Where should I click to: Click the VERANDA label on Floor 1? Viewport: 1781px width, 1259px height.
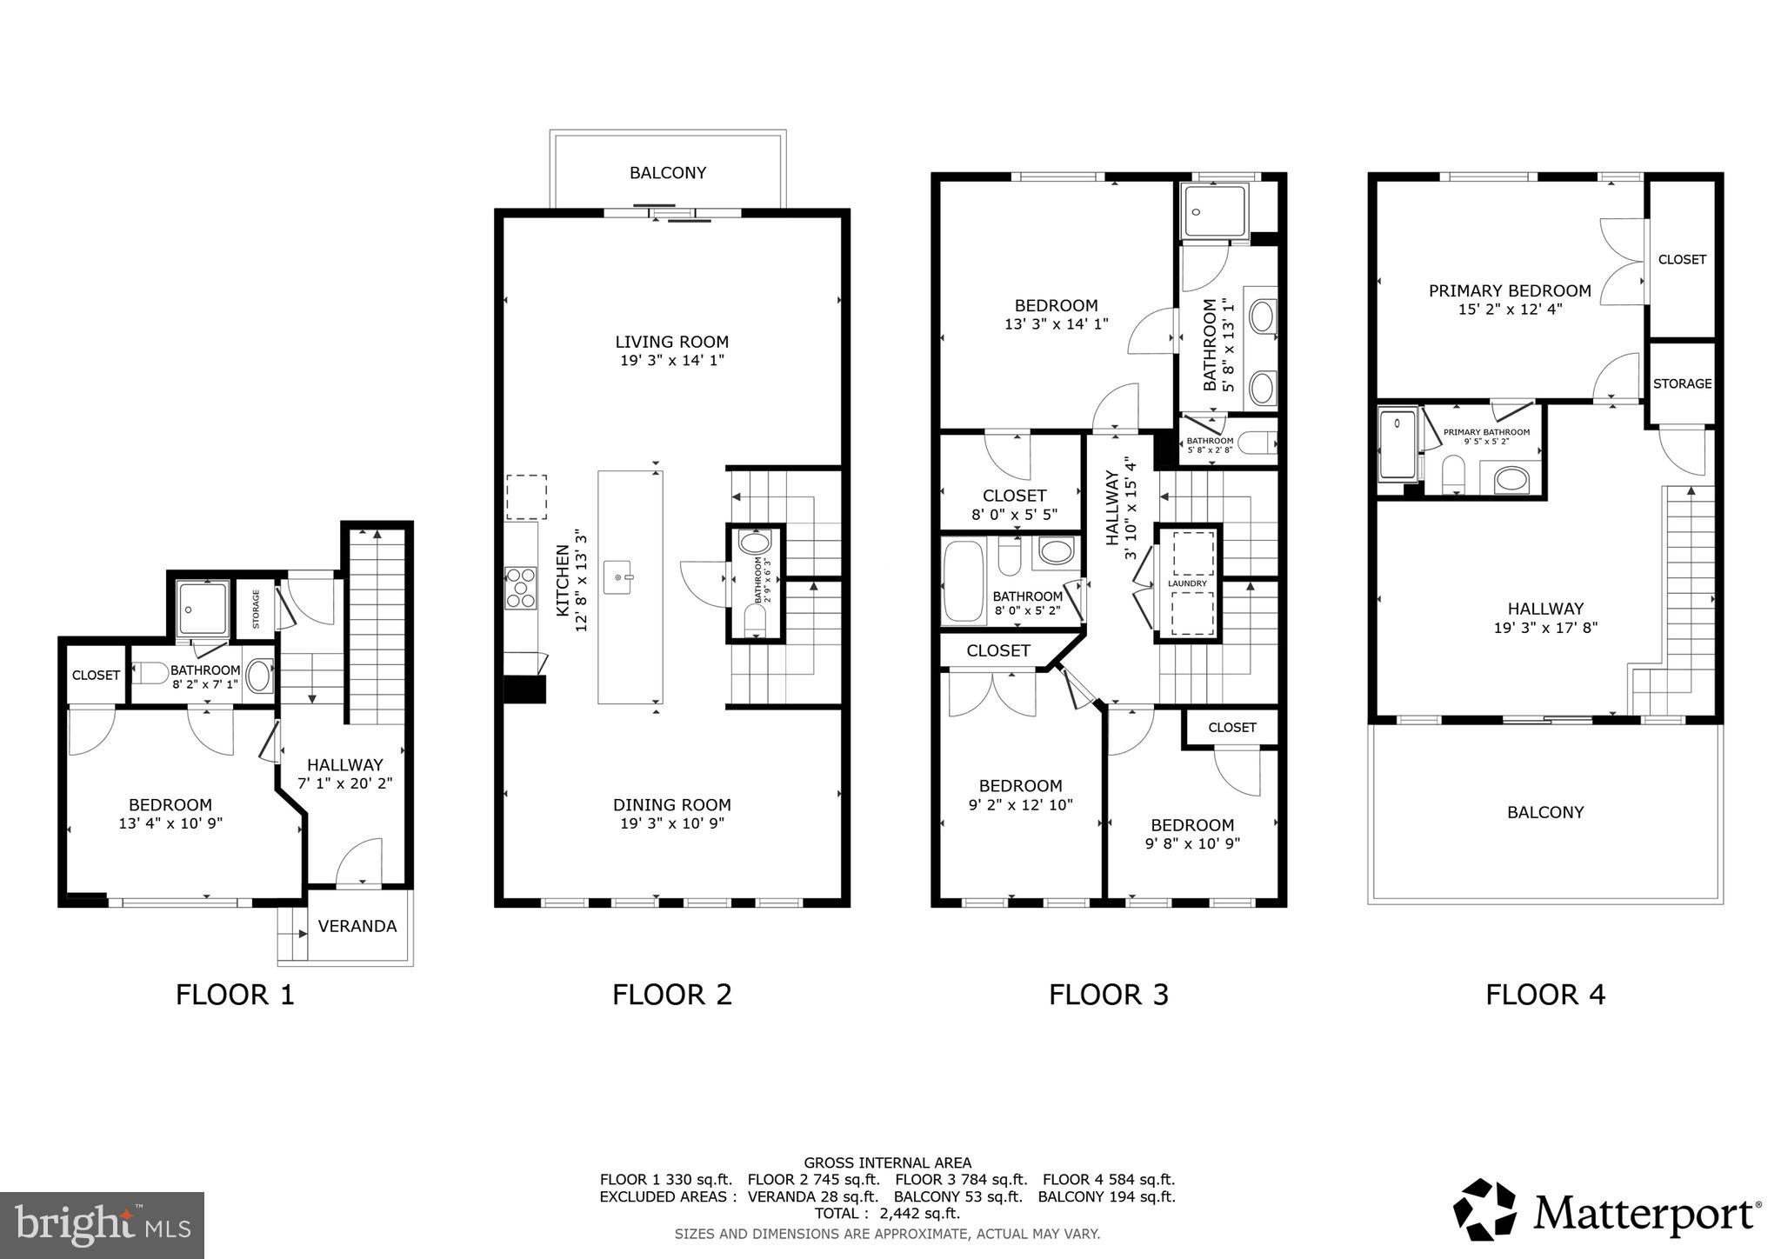pos(357,926)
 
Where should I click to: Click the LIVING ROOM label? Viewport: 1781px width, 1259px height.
pos(671,342)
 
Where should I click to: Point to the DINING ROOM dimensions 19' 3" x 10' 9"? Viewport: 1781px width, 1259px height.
pos(671,823)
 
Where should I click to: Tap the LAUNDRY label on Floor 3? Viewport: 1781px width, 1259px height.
pos(1187,583)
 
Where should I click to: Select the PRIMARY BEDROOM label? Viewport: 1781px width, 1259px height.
pos(1510,290)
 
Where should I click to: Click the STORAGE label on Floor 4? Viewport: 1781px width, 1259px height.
pos(1682,383)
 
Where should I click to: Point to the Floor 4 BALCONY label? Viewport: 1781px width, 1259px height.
pos(1545,812)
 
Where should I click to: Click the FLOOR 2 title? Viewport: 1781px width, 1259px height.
pos(671,994)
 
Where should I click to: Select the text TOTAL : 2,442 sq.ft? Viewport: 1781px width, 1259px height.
pos(886,1214)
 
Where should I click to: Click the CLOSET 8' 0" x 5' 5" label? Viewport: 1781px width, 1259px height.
pos(1014,504)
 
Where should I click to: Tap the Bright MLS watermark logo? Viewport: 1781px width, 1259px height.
pos(102,1225)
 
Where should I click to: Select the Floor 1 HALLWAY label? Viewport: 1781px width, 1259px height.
pos(344,764)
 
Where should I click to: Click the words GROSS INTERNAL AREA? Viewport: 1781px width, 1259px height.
pos(887,1162)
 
